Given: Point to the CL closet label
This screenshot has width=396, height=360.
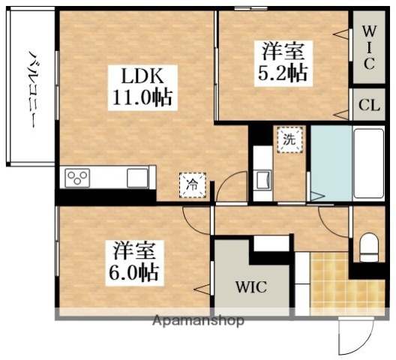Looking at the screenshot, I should [x=368, y=105].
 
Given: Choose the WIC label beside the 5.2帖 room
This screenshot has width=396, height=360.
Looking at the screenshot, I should [x=368, y=49].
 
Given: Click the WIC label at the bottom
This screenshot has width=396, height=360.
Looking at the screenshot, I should [x=251, y=286].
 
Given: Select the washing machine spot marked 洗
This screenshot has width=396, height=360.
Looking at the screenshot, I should [x=289, y=139].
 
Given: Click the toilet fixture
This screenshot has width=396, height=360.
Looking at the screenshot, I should [x=368, y=246].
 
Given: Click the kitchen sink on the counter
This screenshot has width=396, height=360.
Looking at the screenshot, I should [x=136, y=178].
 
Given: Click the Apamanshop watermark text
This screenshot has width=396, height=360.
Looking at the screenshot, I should [x=199, y=321].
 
